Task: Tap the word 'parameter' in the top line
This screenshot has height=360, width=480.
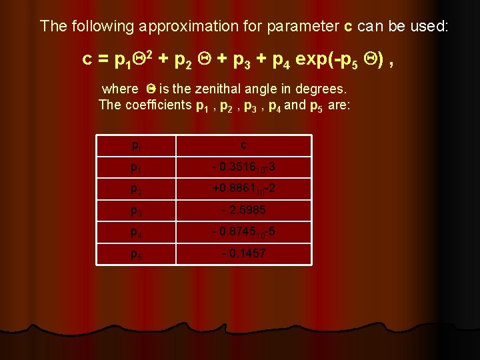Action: [303, 27]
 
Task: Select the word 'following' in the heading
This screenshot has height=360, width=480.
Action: [99, 27]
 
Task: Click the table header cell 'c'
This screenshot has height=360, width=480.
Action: [244, 145]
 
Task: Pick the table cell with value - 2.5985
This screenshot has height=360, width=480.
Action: [244, 210]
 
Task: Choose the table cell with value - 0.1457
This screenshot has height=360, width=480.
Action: [244, 253]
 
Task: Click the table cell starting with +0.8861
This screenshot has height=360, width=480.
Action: [244, 189]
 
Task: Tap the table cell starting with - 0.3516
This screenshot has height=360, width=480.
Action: [244, 167]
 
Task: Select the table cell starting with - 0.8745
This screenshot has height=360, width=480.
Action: [244, 232]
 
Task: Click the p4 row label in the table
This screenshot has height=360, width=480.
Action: [137, 233]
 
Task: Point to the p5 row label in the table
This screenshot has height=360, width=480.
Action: [137, 255]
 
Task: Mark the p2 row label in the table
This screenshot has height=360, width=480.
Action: [137, 189]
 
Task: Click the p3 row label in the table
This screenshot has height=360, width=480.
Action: [137, 211]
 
